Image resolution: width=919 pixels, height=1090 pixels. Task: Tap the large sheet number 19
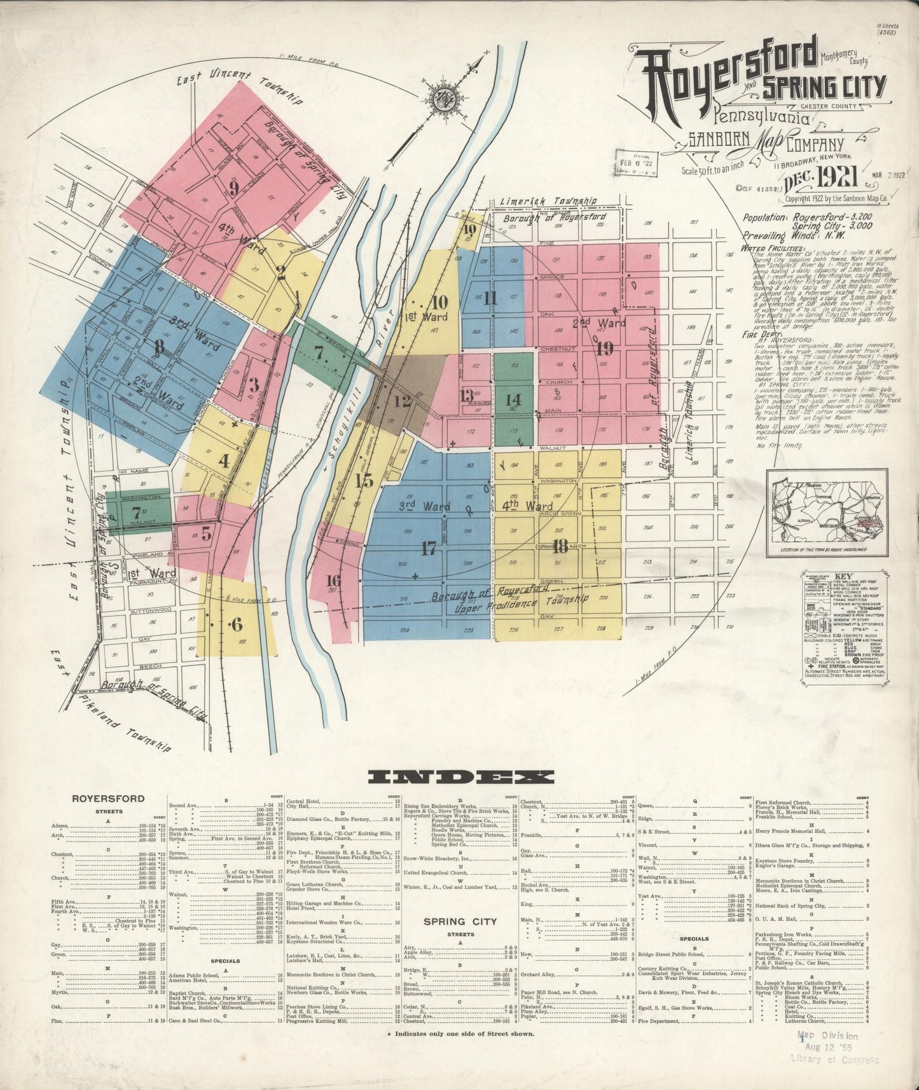tap(604, 348)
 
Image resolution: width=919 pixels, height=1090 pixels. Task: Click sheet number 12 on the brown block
tap(402, 401)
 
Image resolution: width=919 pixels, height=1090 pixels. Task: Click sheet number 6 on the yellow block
tap(237, 624)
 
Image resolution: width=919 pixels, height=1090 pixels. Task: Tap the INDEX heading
tap(461, 776)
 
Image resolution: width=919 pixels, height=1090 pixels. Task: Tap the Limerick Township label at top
tap(548, 201)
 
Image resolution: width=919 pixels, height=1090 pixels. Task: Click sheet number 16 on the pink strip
tap(333, 580)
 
